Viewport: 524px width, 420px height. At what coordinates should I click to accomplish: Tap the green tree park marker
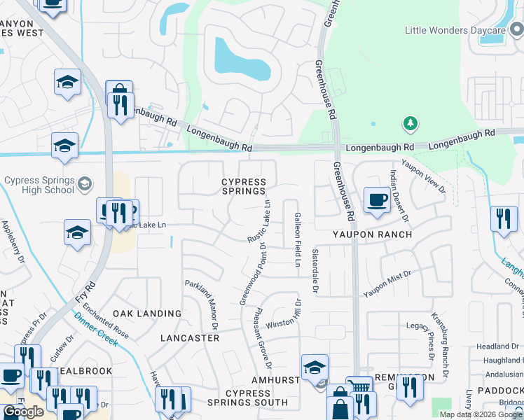coord(410,125)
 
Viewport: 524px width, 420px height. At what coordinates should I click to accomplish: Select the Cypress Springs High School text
coord(39,185)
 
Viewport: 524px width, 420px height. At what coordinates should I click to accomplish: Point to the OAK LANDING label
coord(147,314)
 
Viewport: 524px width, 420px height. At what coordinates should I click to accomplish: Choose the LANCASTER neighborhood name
coord(190,338)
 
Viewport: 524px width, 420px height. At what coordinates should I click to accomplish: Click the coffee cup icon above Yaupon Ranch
coord(377,199)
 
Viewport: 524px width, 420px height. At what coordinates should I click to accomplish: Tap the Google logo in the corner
coord(23,412)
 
